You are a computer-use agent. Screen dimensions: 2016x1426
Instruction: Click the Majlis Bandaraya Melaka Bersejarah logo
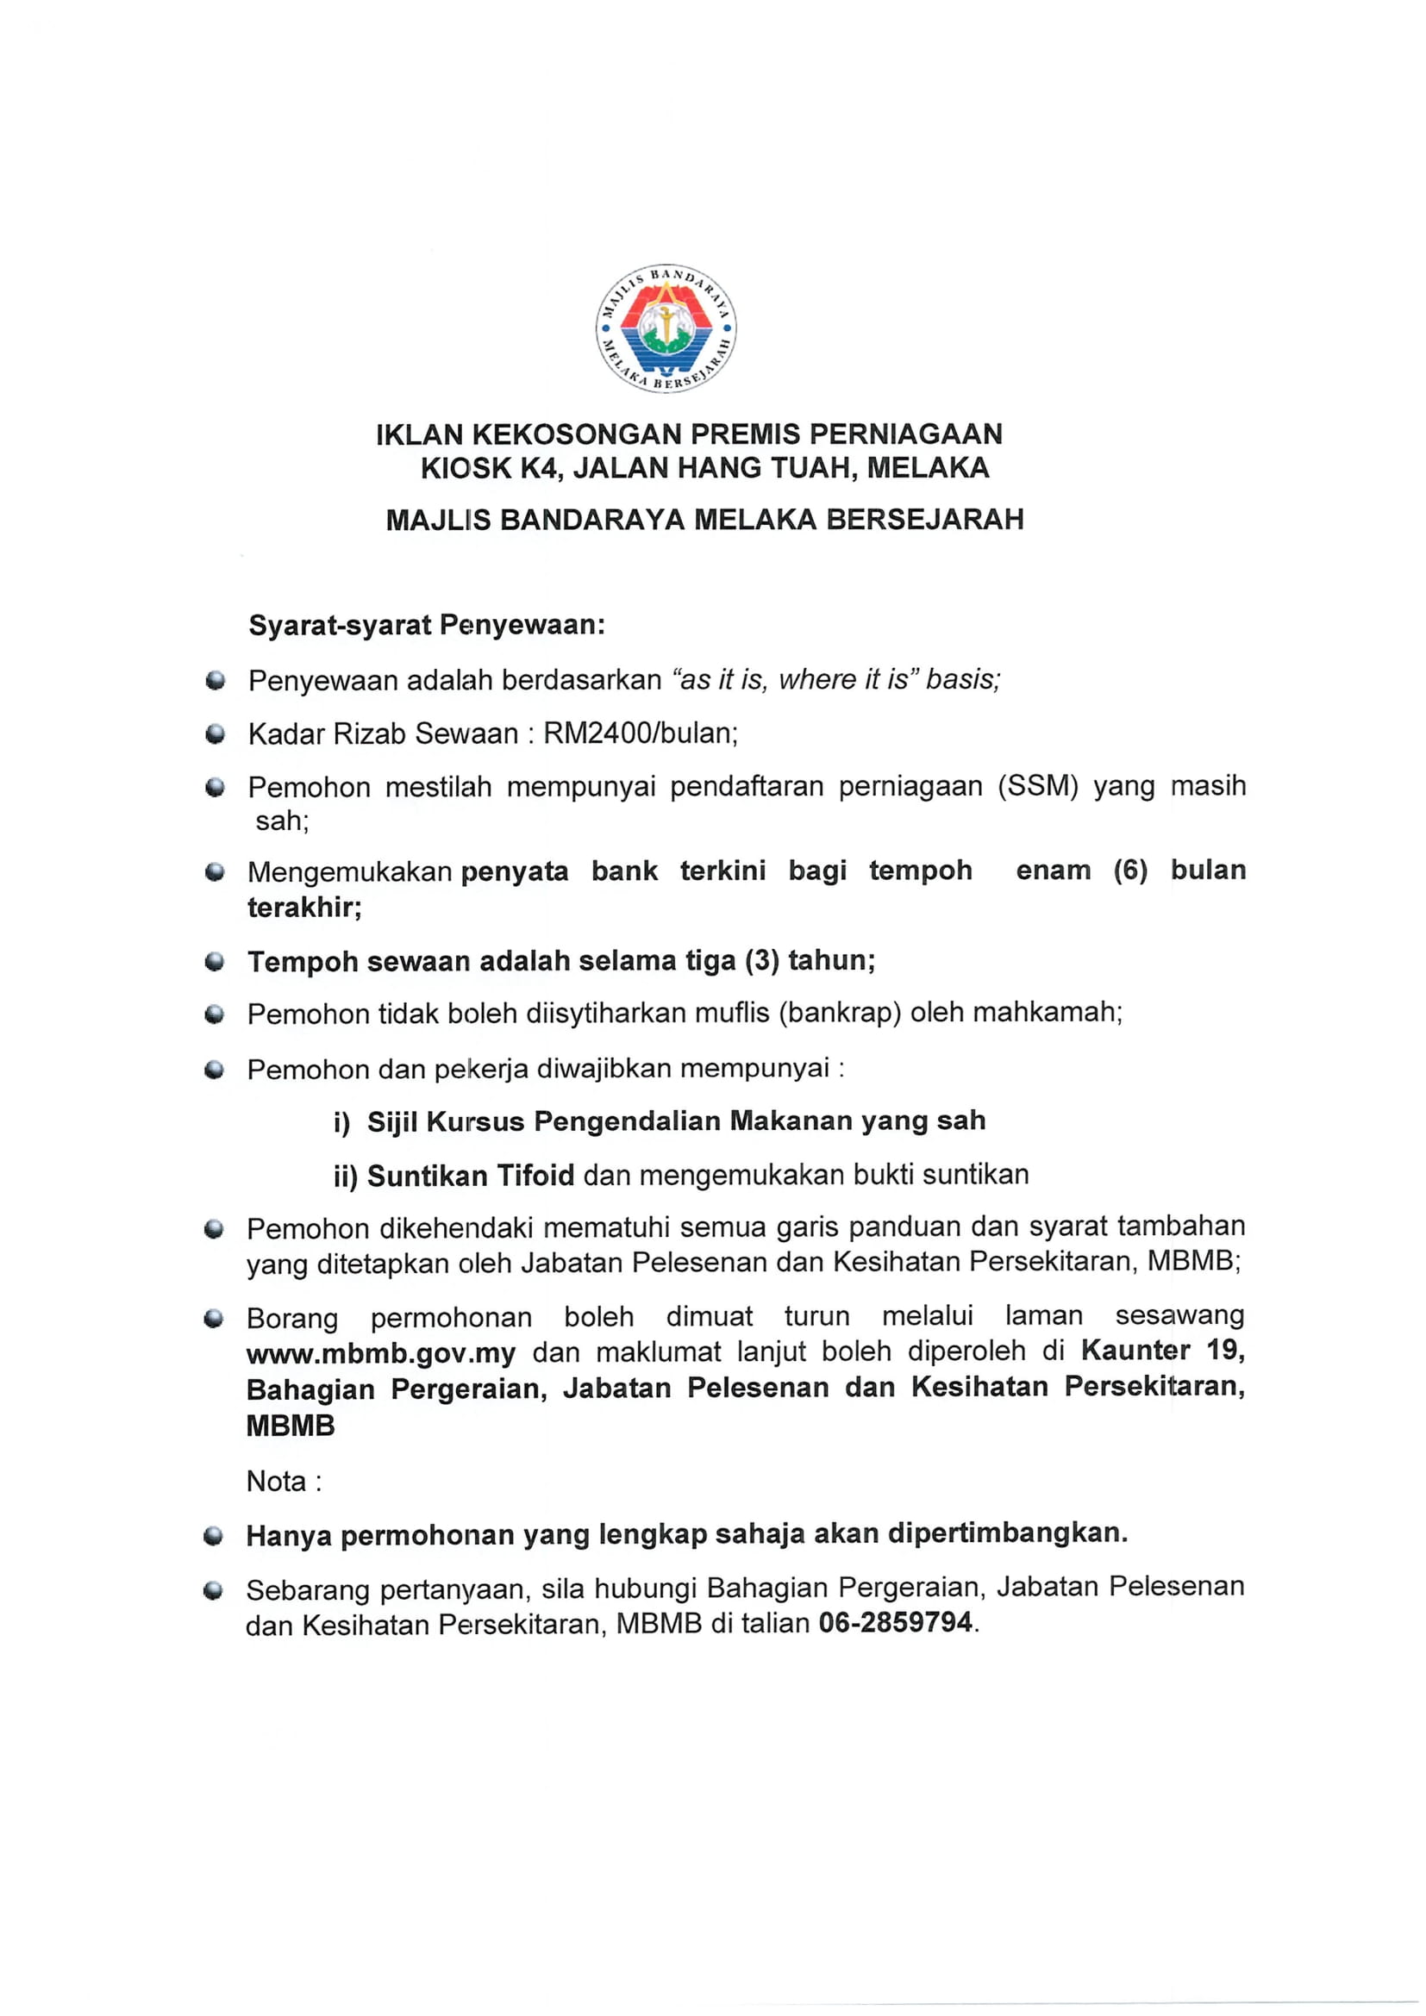[x=666, y=328]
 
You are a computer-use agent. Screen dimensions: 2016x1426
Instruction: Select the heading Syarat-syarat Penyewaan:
[x=427, y=625]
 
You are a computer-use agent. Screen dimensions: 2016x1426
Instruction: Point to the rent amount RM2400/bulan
[x=640, y=733]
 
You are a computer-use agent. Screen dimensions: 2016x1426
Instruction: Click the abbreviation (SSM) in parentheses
[x=1037, y=786]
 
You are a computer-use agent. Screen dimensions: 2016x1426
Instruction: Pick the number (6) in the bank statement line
[x=1130, y=871]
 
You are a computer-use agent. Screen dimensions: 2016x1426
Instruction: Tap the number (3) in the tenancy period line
[x=761, y=960]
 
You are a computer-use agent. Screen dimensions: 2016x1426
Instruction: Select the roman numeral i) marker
[x=341, y=1122]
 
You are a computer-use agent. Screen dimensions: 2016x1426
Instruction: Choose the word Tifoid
[x=535, y=1175]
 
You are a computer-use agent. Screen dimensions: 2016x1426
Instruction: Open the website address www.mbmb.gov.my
[x=381, y=1353]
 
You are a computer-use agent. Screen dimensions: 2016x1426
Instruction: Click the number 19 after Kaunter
[x=1226, y=1350]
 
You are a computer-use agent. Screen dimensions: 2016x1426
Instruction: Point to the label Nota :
[x=284, y=1482]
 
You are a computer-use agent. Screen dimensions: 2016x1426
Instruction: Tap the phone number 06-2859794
[x=896, y=1622]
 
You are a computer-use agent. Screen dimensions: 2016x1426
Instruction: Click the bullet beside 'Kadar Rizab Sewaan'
[x=215, y=734]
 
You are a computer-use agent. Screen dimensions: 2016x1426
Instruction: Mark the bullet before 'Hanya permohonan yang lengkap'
[x=212, y=1536]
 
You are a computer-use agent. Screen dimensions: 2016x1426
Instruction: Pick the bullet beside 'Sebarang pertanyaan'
[x=212, y=1590]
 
